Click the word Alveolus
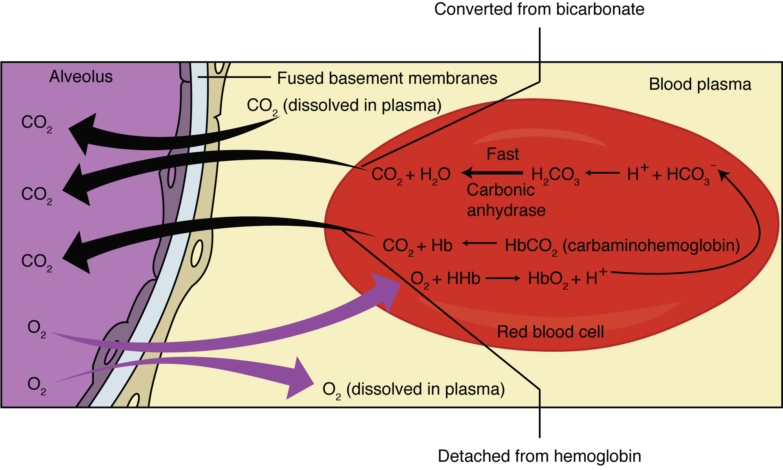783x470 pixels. pyautogui.click(x=81, y=77)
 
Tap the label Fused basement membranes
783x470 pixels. pyautogui.click(x=387, y=78)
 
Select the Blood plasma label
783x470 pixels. pyautogui.click(x=699, y=84)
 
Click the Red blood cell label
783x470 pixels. pyautogui.click(x=550, y=332)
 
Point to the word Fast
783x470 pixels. pyautogui.click(x=503, y=154)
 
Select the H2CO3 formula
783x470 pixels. pyautogui.click(x=555, y=175)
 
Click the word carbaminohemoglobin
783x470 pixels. pyautogui.click(x=651, y=246)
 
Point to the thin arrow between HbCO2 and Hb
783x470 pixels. pyautogui.click(x=479, y=244)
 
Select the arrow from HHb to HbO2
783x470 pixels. pyautogui.click(x=503, y=278)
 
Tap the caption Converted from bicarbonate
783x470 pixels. pyautogui.click(x=539, y=9)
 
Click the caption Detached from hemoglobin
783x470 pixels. pyautogui.click(x=539, y=456)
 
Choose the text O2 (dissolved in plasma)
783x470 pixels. pyautogui.click(x=413, y=390)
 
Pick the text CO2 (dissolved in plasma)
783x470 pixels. pyautogui.click(x=344, y=106)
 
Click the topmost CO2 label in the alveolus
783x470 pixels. pyautogui.click(x=36, y=123)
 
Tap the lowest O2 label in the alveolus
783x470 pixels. pyautogui.click(x=36, y=385)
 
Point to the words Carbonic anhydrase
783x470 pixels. pyautogui.click(x=505, y=200)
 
